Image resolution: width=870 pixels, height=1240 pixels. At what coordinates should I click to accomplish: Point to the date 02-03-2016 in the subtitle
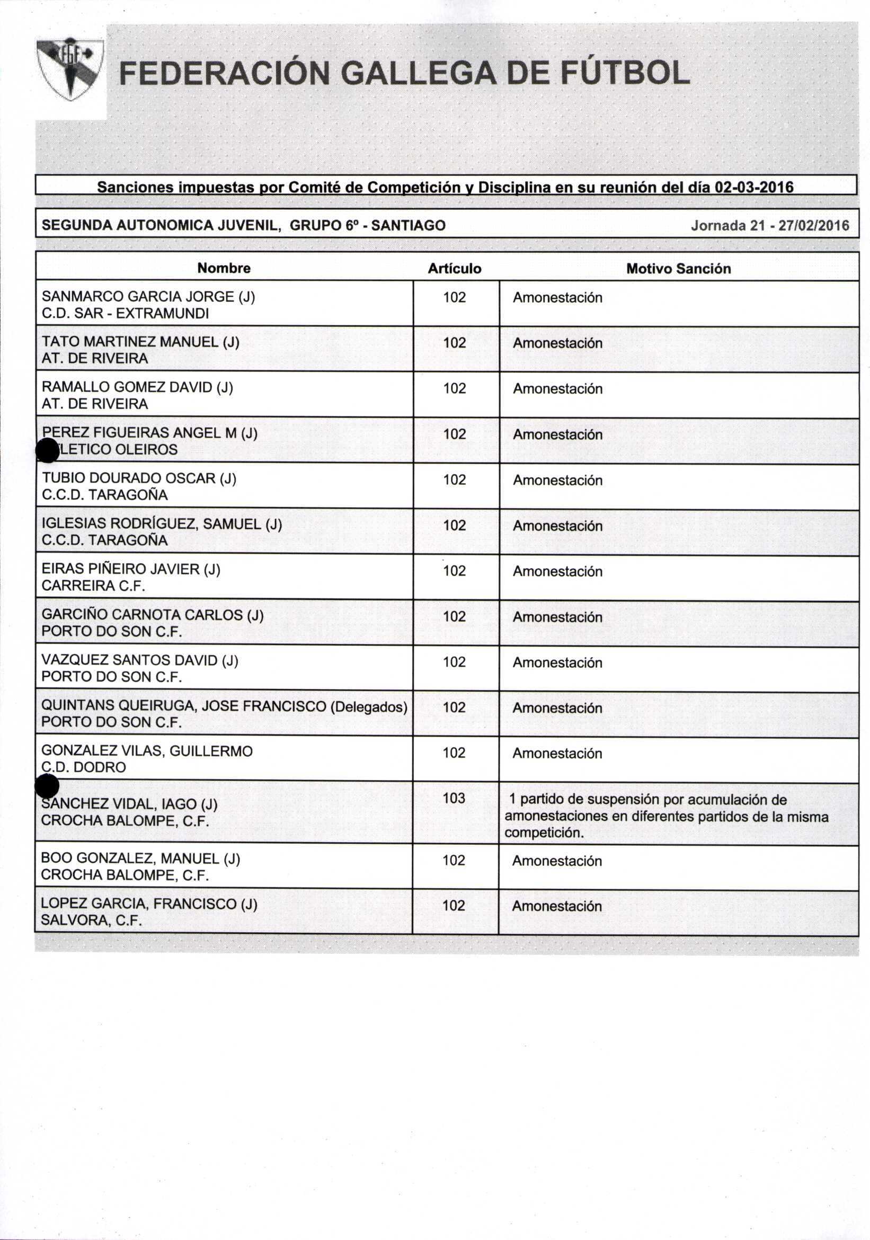tap(754, 188)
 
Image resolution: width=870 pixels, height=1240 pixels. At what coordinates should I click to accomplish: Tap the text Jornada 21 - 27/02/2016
tap(769, 226)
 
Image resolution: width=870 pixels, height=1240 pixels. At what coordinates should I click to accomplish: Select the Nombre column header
tap(224, 269)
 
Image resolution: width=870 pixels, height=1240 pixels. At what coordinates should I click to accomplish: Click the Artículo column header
tap(454, 269)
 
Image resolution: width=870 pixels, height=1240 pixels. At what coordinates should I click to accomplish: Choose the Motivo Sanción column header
tap(678, 269)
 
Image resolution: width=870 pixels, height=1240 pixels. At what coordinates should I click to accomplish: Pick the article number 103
tap(454, 798)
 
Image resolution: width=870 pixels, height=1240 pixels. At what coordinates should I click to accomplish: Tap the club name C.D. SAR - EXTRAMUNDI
tap(125, 313)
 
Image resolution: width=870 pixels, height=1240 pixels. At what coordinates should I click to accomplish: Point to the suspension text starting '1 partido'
tap(667, 816)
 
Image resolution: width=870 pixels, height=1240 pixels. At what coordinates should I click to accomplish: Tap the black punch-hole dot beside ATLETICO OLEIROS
tap(47, 450)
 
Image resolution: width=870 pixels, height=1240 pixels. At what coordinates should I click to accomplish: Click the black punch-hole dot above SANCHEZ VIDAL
tap(47, 786)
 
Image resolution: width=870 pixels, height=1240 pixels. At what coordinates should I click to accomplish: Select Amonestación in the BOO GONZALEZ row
tap(557, 861)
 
